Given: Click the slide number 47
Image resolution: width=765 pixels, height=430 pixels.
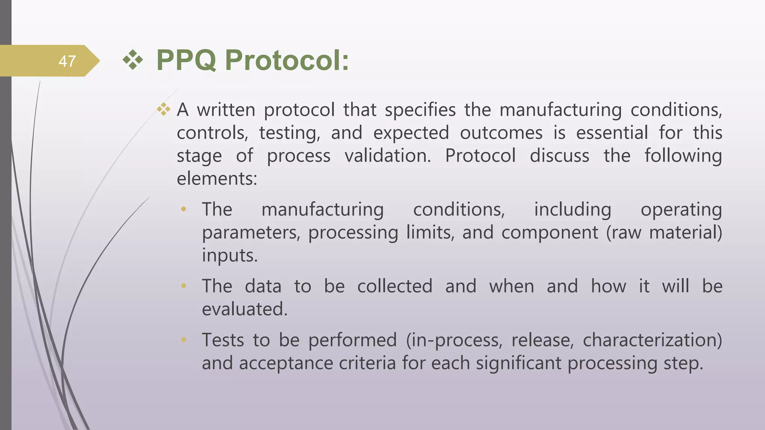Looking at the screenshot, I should (67, 61).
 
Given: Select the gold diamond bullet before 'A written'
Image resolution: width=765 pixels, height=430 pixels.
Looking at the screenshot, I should (163, 109).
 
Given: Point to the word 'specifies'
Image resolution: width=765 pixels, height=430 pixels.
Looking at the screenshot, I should (420, 110).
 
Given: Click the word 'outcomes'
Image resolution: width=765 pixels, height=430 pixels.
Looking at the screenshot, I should (501, 133).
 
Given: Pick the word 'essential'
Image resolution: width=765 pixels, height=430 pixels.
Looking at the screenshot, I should (612, 133).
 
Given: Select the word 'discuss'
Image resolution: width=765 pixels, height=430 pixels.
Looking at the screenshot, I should (559, 156).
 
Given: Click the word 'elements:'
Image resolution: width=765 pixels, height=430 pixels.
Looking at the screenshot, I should (217, 179).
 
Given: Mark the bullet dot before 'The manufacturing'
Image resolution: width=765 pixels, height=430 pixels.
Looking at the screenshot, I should (183, 209).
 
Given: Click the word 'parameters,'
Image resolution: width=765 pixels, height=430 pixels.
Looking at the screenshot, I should (251, 233).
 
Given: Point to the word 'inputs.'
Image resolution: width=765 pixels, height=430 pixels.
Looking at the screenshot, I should (230, 256).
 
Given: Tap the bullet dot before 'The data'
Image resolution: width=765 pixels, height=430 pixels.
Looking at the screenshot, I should (183, 286).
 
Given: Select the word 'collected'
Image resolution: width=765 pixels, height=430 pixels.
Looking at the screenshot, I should (395, 286).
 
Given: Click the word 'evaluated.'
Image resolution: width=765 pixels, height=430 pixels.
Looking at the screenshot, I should (245, 309).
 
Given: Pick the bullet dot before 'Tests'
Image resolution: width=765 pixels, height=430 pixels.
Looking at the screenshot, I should (183, 340).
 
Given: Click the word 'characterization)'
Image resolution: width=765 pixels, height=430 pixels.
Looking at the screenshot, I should (652, 340).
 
